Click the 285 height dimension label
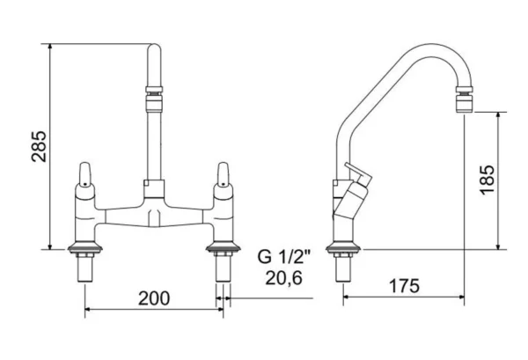[x=39, y=146]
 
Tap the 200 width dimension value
[x=154, y=298]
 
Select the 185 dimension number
[x=488, y=180]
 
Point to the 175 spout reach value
[x=405, y=286]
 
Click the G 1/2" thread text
[x=283, y=257]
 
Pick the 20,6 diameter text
[x=283, y=278]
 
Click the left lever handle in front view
[x=84, y=174]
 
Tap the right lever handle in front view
[x=223, y=174]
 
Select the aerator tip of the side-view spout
[x=464, y=99]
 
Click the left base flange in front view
[x=84, y=247]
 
